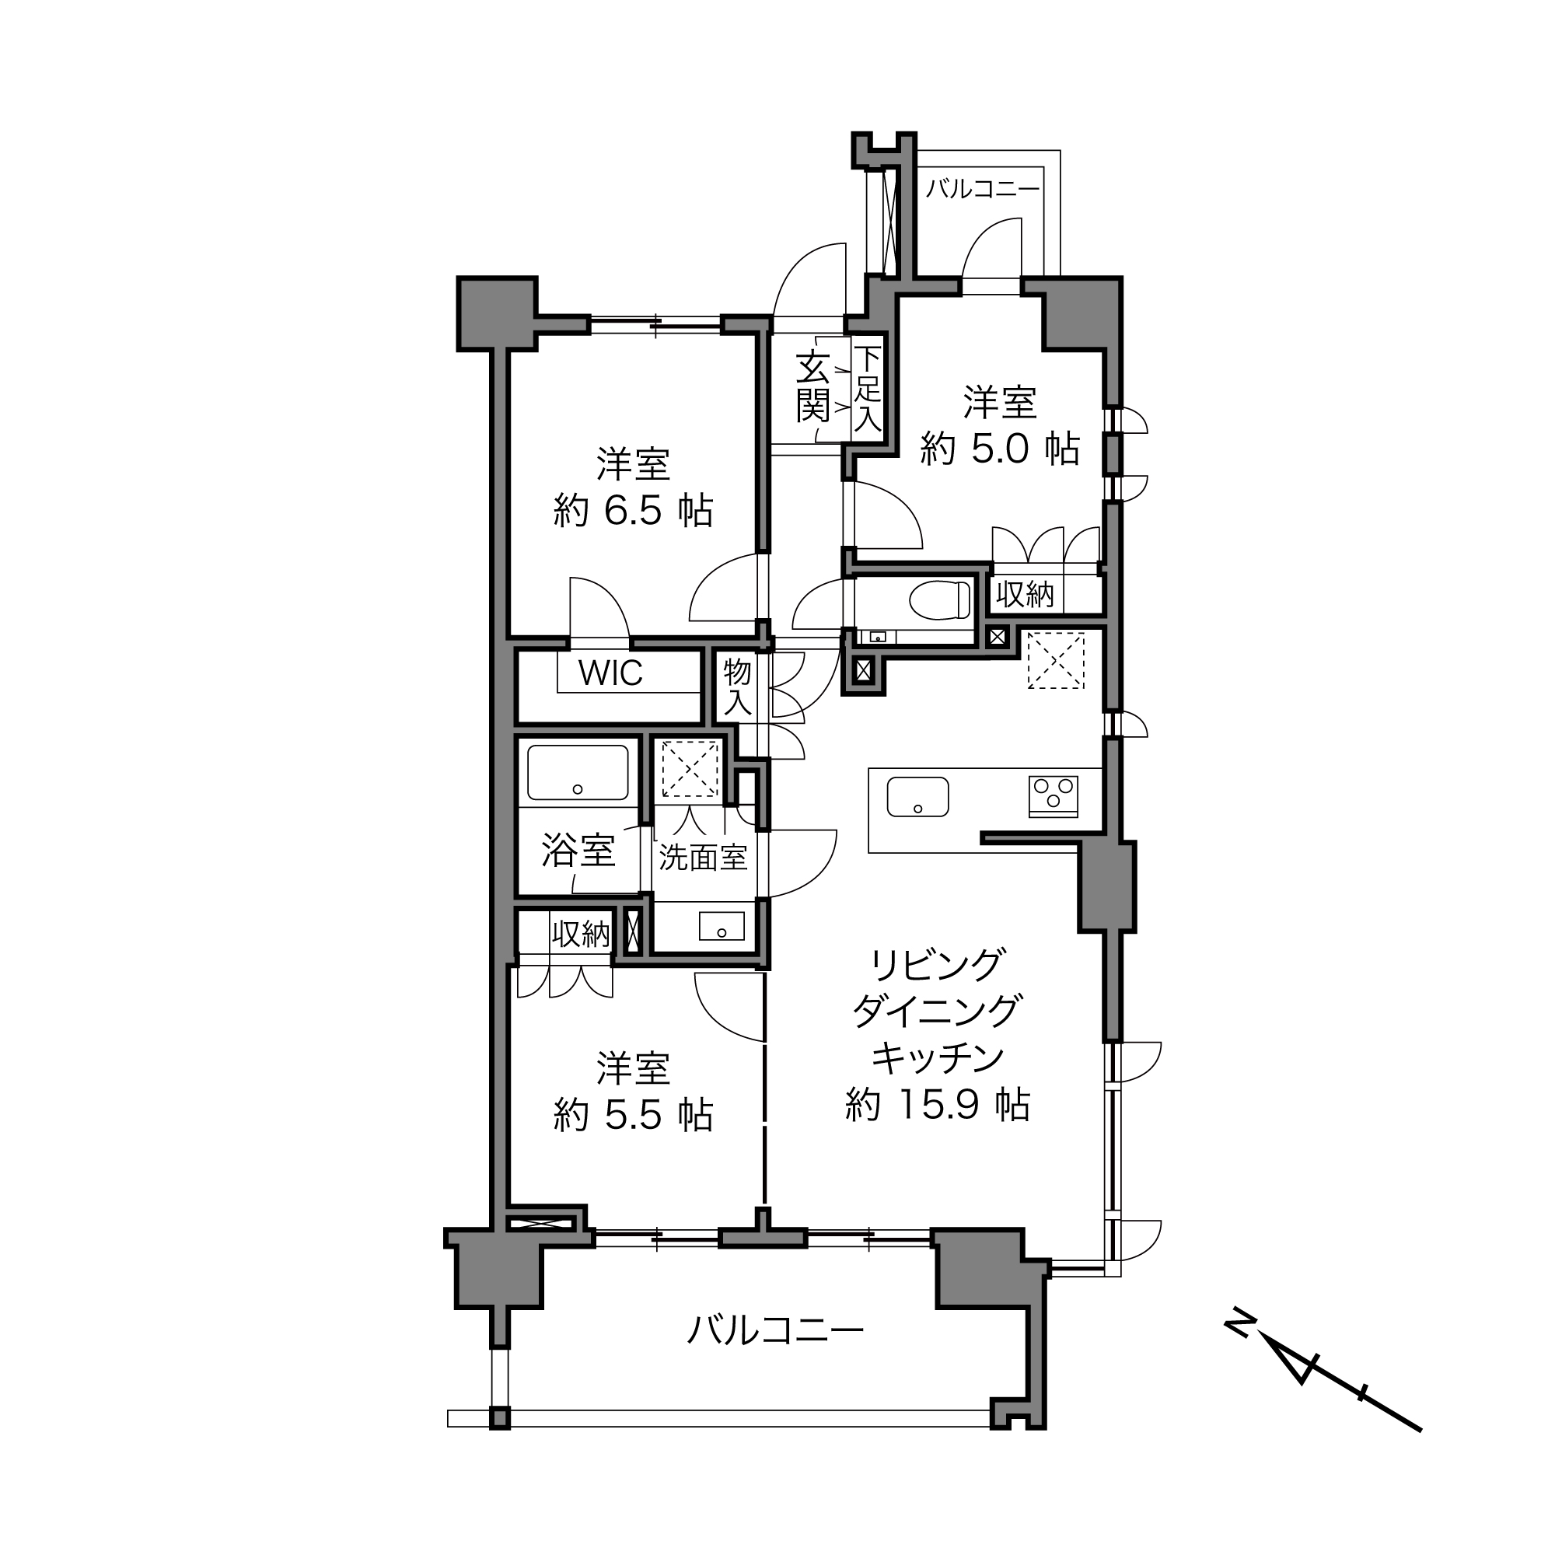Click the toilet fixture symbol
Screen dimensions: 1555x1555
click(940, 599)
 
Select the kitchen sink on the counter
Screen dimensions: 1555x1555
click(917, 797)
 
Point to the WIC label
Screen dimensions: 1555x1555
click(610, 673)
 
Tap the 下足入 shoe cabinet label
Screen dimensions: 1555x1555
click(867, 388)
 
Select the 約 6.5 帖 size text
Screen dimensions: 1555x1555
click(634, 510)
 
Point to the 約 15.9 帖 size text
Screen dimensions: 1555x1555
click(938, 1105)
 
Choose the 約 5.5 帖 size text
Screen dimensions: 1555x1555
click(634, 1116)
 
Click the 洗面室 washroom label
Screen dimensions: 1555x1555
click(703, 858)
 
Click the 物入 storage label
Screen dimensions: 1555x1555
click(736, 687)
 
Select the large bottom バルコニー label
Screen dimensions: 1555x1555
click(774, 1330)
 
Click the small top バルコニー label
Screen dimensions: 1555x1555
click(982, 189)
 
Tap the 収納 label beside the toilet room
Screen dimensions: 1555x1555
click(1025, 595)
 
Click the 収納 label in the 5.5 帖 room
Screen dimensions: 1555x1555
click(580, 934)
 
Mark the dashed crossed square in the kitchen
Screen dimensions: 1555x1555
click(1055, 660)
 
